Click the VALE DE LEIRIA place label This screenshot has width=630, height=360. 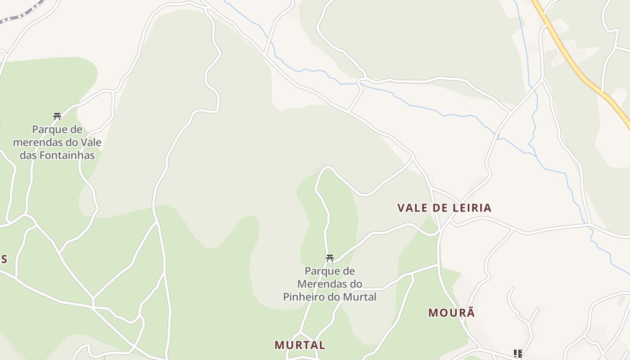pos(444,208)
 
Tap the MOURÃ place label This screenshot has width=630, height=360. pos(451,313)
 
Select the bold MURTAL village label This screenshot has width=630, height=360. pos(300,345)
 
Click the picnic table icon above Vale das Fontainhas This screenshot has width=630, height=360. pos(57,116)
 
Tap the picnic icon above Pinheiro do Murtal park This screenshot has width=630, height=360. pos(330,258)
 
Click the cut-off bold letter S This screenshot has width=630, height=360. pos(4,259)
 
